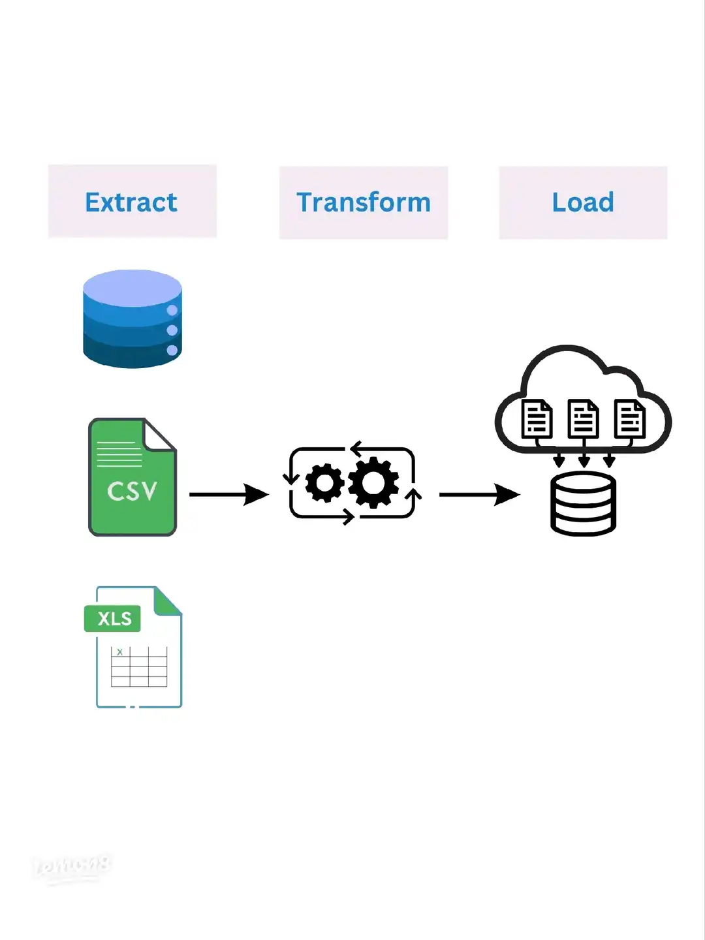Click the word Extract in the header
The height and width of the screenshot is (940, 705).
131,202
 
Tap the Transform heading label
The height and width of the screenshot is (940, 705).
364,202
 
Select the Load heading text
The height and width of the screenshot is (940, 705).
583,202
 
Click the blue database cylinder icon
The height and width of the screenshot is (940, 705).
133,319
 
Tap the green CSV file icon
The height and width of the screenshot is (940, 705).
133,483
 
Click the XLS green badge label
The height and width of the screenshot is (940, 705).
113,618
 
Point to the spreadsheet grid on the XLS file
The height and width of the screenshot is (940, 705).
139,666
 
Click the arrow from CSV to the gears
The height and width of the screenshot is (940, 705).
228,494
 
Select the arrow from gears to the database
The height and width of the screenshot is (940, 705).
479,494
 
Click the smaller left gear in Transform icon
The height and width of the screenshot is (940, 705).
324,483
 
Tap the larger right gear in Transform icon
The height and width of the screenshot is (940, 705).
373,483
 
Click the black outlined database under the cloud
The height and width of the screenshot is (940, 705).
583,504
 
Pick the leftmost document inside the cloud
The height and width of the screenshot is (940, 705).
537,419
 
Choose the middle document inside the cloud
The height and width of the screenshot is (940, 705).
583,419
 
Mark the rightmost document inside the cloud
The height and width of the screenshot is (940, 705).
630,419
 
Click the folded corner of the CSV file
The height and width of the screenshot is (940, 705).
159,434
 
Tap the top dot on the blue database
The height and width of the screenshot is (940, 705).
172,310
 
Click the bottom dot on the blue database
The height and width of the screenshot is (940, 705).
172,350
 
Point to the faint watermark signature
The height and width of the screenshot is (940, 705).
72,867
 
